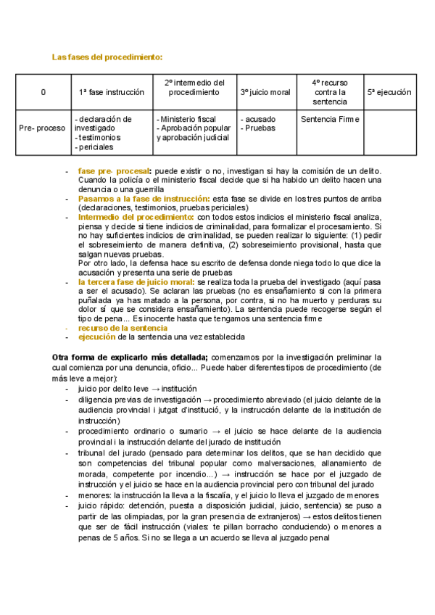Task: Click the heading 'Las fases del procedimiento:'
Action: (107, 57)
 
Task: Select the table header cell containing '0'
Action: (43, 92)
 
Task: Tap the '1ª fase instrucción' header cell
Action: (112, 92)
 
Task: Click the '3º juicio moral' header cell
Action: (265, 92)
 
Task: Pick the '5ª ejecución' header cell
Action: (389, 92)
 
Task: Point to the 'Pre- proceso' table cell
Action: (42, 128)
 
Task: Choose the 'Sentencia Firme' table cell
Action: (330, 119)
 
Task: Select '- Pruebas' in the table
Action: (257, 128)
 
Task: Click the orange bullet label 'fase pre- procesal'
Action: (115, 170)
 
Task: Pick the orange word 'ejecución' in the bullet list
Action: (96, 337)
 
